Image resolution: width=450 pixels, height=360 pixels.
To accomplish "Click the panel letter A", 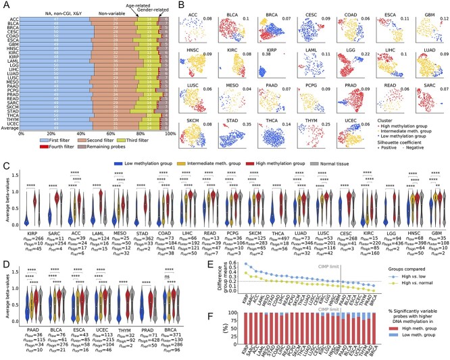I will tap(5, 5).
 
